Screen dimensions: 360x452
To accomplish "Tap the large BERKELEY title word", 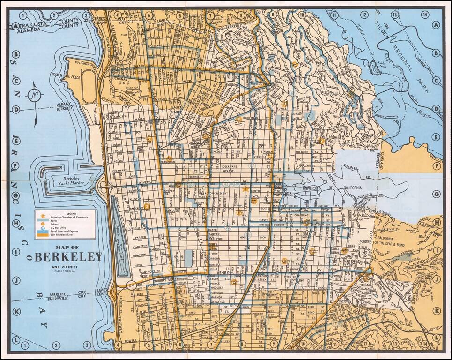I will [68, 257].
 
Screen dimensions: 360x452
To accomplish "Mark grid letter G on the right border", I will [437, 194].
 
